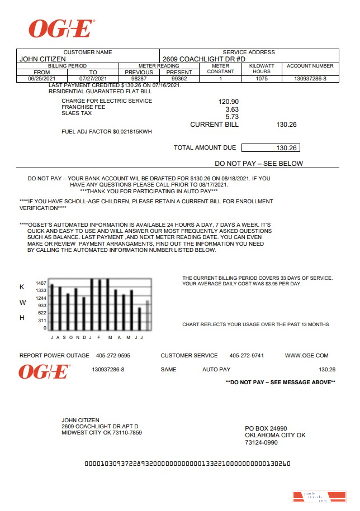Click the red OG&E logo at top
click(61, 28)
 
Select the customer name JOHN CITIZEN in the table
click(42, 59)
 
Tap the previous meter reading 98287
click(139, 79)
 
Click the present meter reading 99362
click(179, 79)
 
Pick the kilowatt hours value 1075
click(262, 79)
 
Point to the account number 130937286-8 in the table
click(310, 79)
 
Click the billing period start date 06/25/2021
click(42, 79)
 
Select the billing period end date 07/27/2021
click(93, 79)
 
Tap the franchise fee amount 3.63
click(232, 109)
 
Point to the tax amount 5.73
click(232, 117)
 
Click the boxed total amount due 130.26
click(271, 148)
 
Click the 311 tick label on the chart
click(42, 321)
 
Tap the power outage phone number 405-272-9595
click(113, 356)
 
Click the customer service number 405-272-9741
click(247, 356)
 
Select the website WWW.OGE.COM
click(306, 356)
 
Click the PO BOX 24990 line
click(266, 428)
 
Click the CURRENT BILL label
click(214, 125)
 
